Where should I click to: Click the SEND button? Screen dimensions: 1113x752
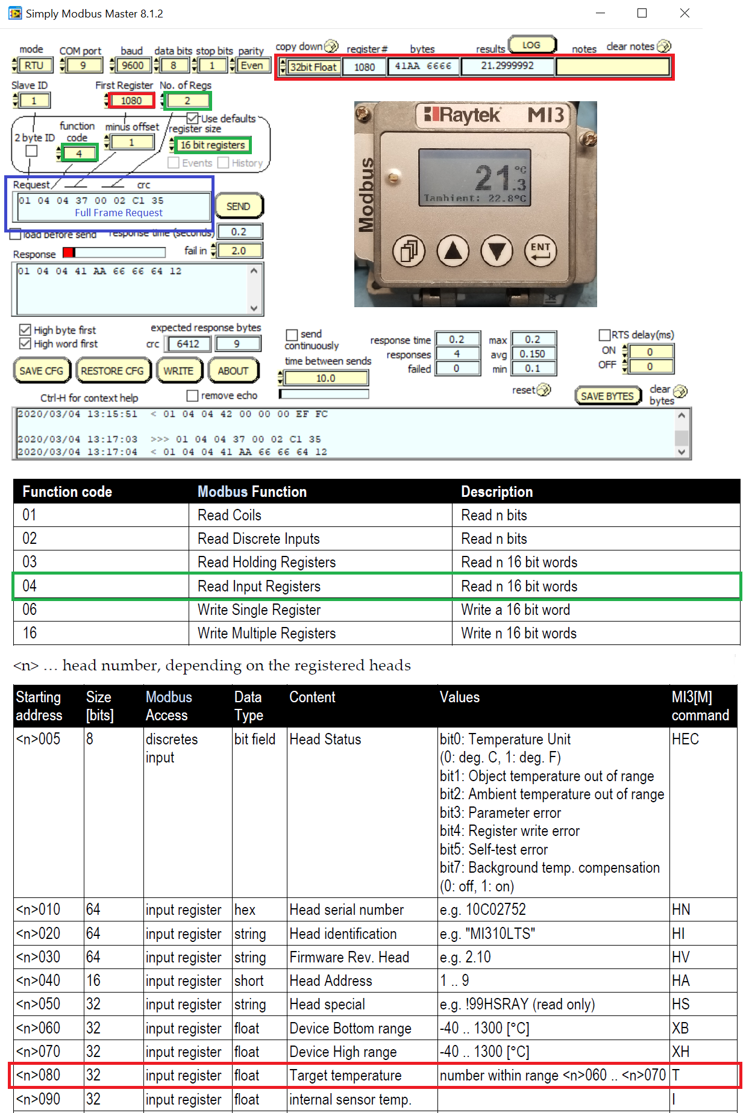click(238, 207)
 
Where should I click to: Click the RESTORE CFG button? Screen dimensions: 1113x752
click(112, 371)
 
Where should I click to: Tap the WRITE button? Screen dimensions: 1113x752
click(178, 371)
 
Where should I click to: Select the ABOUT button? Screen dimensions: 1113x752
click(233, 371)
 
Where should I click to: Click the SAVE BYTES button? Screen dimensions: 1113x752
click(607, 396)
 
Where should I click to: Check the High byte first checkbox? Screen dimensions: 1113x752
click(25, 330)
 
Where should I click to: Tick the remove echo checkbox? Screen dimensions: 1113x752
click(193, 396)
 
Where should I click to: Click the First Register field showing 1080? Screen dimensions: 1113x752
click(131, 101)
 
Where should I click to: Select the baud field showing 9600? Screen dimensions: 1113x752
click(133, 66)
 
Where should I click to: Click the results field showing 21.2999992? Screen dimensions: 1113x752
click(507, 66)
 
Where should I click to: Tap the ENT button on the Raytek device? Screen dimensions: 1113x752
click(540, 251)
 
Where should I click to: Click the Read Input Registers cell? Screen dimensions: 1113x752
click(259, 586)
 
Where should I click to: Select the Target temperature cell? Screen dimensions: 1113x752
click(345, 1075)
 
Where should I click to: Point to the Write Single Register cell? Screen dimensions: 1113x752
click(259, 609)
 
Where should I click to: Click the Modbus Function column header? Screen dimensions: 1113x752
click(252, 491)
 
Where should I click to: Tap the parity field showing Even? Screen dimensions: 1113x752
click(252, 66)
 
